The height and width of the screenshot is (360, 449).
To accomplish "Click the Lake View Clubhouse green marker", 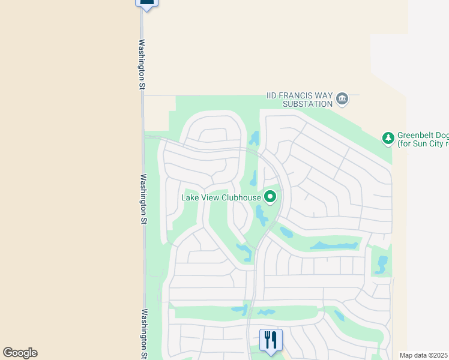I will coord(270,196).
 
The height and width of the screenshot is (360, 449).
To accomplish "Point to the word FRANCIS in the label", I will coord(298,95).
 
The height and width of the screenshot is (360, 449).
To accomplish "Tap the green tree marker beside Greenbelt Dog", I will coord(388,139).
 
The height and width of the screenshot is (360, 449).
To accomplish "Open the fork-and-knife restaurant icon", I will coord(271,340).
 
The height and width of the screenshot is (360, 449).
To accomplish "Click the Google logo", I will coord(20,353).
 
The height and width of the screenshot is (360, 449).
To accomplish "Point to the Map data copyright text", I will coord(424,355).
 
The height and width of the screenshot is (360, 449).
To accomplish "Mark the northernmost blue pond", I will coord(255,139).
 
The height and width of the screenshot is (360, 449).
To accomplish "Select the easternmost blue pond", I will coord(381,264).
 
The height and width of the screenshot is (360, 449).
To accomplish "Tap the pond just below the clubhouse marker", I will coord(262,215).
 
